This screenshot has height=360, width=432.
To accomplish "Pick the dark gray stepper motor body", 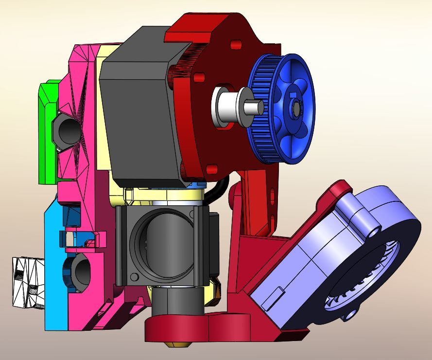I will coord(138,117).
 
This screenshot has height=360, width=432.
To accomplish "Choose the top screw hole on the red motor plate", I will coord(236,45).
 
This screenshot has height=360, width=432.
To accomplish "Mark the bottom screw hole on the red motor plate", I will coord(211,169).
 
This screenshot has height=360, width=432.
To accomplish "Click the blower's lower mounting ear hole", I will coord(349,316).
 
